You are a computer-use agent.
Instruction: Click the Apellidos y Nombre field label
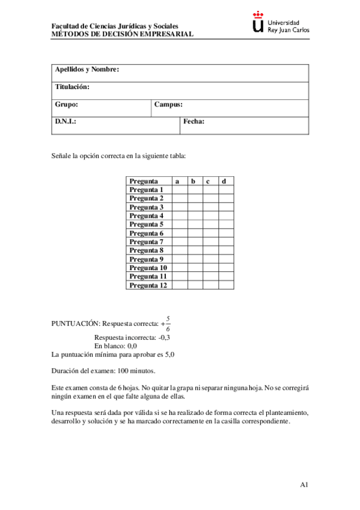click(x=87, y=70)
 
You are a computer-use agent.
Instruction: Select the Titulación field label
click(x=72, y=87)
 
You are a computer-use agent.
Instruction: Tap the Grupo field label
click(x=66, y=105)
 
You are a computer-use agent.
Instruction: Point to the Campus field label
click(x=168, y=105)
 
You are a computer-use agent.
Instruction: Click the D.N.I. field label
click(x=66, y=121)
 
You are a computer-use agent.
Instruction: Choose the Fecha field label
click(x=194, y=121)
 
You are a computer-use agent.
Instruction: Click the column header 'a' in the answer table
click(x=177, y=181)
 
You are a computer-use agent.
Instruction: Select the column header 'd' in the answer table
click(x=224, y=181)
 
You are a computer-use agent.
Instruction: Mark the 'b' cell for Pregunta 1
click(x=194, y=189)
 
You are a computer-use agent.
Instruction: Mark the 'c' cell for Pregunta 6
click(x=210, y=233)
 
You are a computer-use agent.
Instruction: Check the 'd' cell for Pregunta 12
click(x=225, y=285)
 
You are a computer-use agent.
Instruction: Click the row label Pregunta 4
click(x=147, y=215)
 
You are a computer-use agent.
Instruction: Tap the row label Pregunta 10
click(x=148, y=268)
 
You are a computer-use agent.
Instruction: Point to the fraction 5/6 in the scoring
click(x=168, y=323)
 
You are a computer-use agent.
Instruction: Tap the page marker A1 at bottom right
click(x=304, y=485)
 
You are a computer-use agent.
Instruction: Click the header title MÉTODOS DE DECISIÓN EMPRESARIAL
click(x=123, y=35)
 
